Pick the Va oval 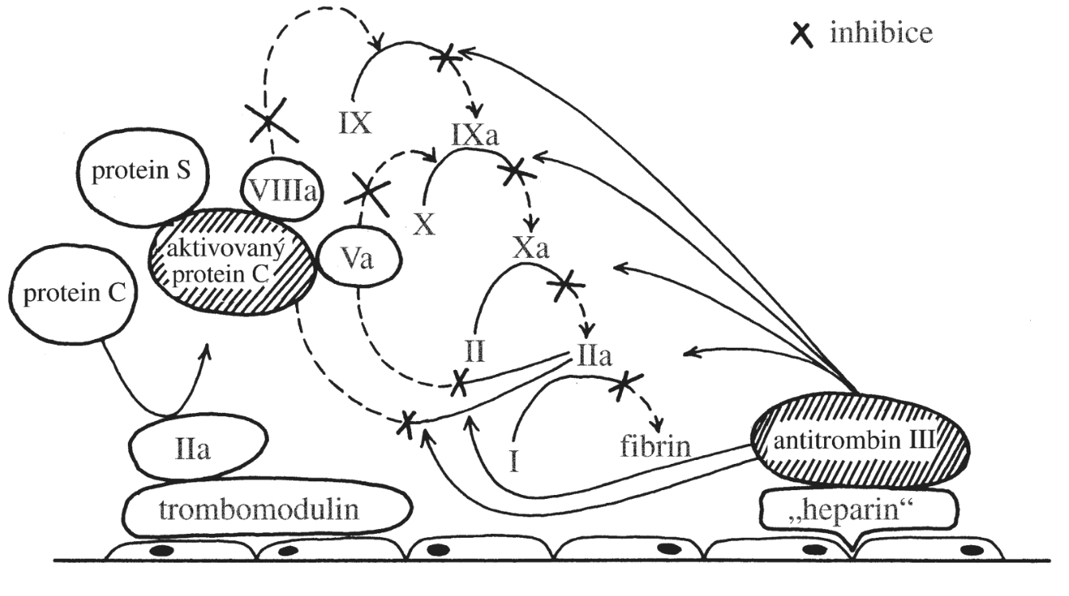pyautogui.click(x=358, y=259)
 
